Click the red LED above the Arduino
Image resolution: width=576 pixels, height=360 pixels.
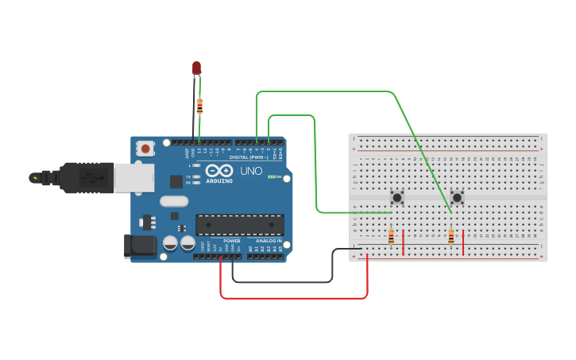196,68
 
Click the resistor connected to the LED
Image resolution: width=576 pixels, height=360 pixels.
199,106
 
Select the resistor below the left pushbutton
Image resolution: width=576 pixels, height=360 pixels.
391,237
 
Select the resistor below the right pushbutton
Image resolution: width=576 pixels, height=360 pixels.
451,237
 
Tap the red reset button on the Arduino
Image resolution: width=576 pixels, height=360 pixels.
145,148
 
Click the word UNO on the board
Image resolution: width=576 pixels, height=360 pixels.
251,171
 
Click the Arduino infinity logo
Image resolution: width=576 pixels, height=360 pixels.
218,171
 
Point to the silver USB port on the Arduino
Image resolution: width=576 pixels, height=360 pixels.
133,178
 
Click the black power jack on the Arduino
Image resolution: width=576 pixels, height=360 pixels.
140,246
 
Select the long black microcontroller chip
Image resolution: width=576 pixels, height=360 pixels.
239,225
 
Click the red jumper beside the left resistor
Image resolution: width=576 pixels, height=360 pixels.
404,242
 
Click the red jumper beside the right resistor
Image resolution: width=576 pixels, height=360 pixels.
463,242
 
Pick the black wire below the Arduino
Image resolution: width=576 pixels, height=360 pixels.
282,281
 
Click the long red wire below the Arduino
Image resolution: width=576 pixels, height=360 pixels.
294,298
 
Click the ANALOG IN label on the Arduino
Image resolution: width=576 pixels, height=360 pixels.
268,240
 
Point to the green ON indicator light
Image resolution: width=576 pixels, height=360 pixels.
271,176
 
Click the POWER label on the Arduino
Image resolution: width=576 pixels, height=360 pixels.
231,240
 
